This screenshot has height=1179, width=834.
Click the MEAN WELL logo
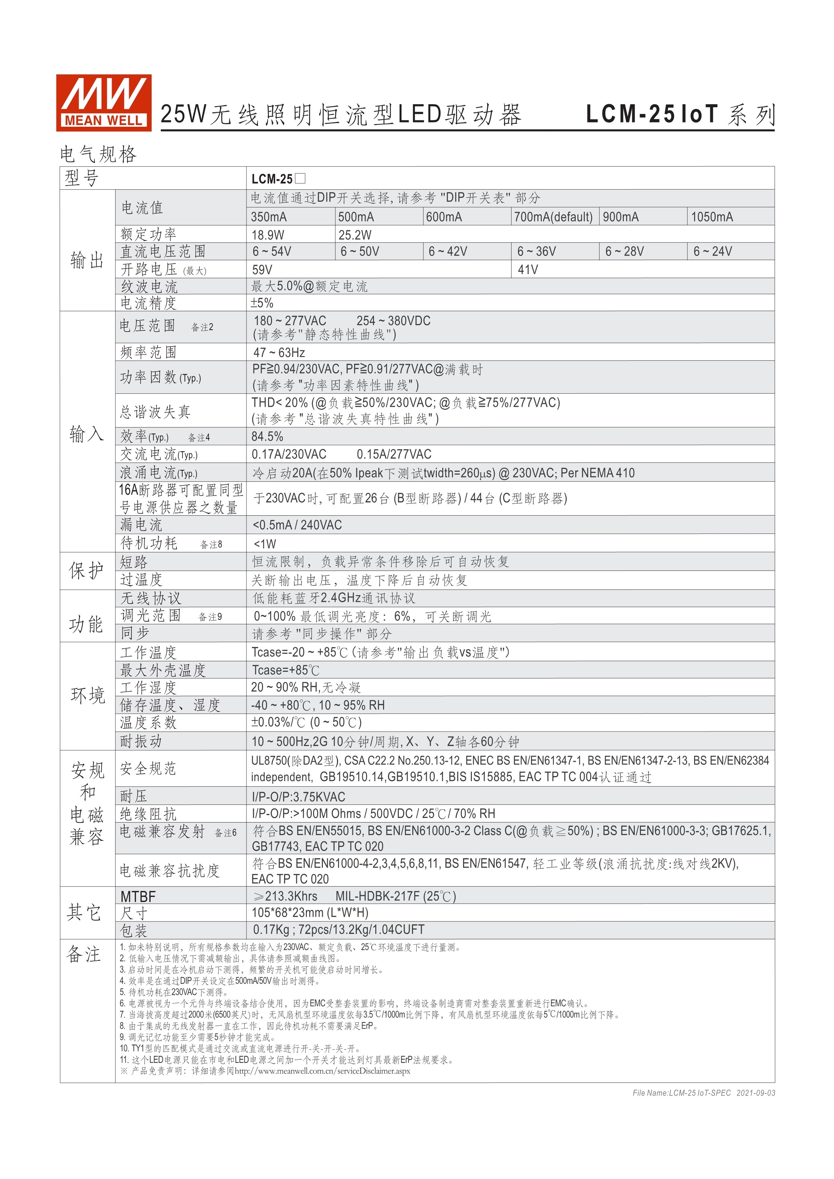tap(104, 103)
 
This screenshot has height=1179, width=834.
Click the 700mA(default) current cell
tap(553, 217)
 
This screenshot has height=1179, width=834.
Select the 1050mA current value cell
tap(712, 217)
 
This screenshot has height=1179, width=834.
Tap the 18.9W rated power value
tap(268, 235)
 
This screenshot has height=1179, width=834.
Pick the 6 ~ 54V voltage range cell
tap(272, 251)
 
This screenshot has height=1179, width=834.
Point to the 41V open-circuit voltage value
tap(528, 270)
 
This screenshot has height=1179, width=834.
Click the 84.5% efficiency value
tap(267, 436)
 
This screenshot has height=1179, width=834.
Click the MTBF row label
tap(138, 897)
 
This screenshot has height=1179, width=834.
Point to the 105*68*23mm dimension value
tap(310, 913)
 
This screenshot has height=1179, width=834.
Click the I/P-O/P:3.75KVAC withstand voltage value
tap(298, 797)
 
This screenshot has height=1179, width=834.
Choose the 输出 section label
tap(87, 260)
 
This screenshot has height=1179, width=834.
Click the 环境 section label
tap(88, 695)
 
